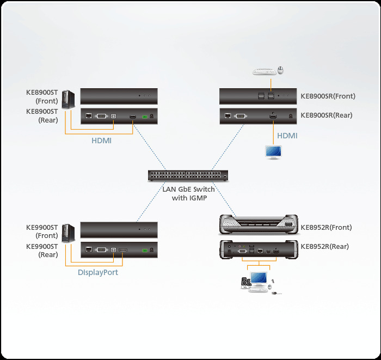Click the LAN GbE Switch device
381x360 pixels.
(188, 176)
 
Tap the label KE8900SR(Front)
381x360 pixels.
(328, 96)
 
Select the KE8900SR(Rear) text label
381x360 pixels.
(326, 115)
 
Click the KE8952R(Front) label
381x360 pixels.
(326, 227)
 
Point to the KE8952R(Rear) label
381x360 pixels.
(324, 246)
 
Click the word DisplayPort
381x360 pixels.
(97, 272)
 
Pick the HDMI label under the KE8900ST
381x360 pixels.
(102, 140)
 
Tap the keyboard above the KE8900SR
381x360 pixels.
(265, 71)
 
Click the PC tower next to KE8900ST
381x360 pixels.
(67, 99)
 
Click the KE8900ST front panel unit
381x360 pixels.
(119, 96)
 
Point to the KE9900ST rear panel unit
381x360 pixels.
(119, 250)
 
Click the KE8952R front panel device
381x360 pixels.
(259, 224)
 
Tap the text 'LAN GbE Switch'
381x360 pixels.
(188, 190)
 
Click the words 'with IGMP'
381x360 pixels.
(188, 198)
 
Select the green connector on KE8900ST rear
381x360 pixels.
(144, 117)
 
